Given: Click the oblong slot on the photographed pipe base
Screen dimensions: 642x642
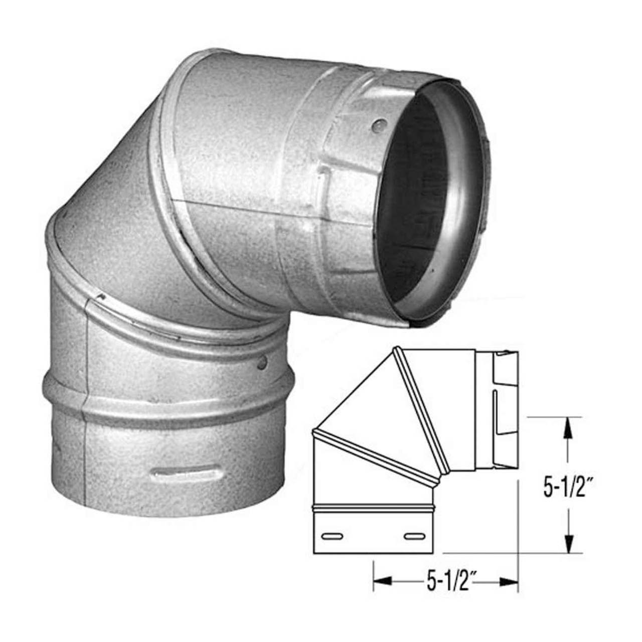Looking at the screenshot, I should click(x=186, y=473).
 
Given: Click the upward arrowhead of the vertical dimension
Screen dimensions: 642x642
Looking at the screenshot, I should click(x=568, y=429).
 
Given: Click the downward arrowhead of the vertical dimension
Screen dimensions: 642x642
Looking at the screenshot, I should click(x=568, y=542).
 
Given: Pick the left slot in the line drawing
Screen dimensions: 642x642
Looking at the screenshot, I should click(x=331, y=537).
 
